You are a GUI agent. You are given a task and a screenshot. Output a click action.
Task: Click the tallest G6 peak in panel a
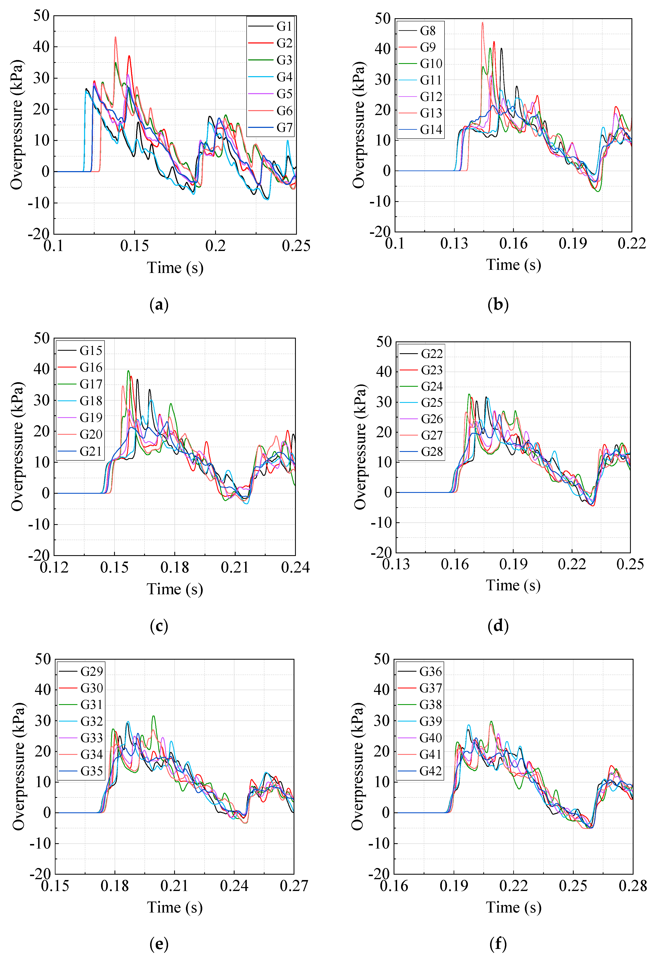point(115,37)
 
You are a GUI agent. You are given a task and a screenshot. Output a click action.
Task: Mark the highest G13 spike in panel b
point(482,23)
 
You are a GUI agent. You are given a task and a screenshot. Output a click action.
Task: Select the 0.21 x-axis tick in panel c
point(235,567)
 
